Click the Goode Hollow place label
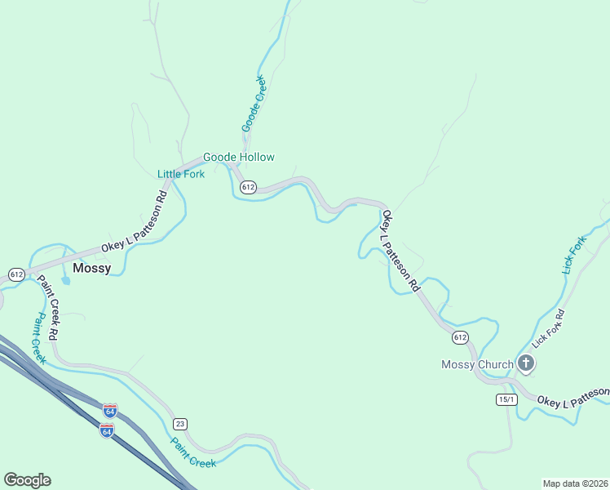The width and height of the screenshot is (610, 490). click(238, 157)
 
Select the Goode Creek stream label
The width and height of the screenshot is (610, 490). click(254, 104)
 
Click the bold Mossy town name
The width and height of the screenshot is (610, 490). click(91, 268)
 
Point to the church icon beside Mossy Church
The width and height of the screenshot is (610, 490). click(526, 364)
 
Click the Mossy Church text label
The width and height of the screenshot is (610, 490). click(477, 364)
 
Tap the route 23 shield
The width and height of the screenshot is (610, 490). click(180, 423)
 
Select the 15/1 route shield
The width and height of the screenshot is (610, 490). click(506, 399)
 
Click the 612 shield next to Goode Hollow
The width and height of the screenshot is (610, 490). click(249, 187)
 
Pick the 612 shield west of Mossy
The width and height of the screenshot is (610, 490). click(15, 273)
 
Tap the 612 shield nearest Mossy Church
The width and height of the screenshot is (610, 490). click(460, 336)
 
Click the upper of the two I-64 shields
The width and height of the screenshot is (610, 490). click(110, 409)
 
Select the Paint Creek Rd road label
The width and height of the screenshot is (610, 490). click(50, 307)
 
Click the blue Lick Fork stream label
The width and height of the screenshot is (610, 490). click(574, 255)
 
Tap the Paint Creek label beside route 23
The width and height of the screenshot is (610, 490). click(193, 452)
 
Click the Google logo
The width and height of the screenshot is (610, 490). click(27, 480)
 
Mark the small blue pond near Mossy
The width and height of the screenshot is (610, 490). click(65, 280)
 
